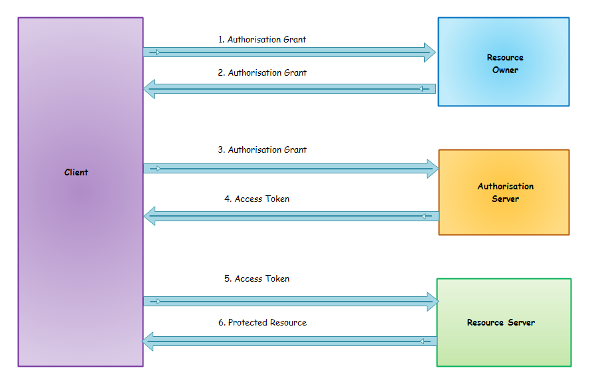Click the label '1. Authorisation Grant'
pyautogui.click(x=262, y=40)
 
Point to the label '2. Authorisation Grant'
pyautogui.click(x=262, y=73)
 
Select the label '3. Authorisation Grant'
pyautogui.click(x=262, y=150)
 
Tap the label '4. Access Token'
pyautogui.click(x=256, y=199)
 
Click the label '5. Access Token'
pyautogui.click(x=256, y=279)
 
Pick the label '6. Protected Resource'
pyautogui.click(x=262, y=323)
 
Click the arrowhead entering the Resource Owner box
pyautogui.click(x=429, y=52)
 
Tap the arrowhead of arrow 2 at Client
pyautogui.click(x=150, y=88)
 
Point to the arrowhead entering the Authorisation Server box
pyautogui.click(x=431, y=169)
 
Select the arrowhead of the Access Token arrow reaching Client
pyautogui.click(x=150, y=215)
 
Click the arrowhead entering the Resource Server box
pyautogui.click(x=431, y=302)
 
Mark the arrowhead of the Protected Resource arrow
pyautogui.click(x=149, y=341)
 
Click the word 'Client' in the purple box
pyautogui.click(x=76, y=173)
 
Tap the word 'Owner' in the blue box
pyautogui.click(x=505, y=70)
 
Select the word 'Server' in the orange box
pyautogui.click(x=505, y=199)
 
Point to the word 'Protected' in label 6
pyautogui.click(x=248, y=323)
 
